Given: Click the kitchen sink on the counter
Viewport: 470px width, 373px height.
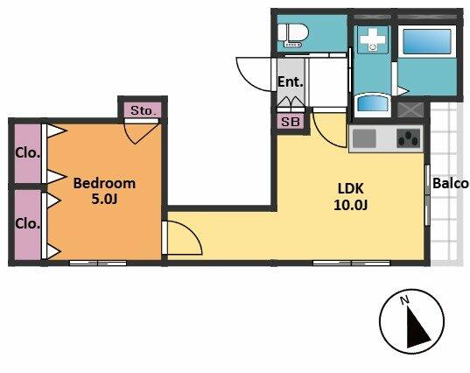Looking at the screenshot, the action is point(364,138).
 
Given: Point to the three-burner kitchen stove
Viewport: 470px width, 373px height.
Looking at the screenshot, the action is point(408,138).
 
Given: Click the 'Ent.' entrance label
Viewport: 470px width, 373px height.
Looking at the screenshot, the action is point(291,81).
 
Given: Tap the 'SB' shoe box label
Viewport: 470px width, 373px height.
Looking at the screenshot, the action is point(291,122).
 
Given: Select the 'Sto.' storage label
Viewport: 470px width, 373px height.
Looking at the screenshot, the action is point(144,111).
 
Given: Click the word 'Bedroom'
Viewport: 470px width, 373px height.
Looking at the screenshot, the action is point(104,183).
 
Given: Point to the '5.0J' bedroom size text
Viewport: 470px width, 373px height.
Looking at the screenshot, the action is point(104,199).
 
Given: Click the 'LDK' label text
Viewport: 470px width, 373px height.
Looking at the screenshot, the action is point(350,188).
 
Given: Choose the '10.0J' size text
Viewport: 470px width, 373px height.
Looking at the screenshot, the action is point(350,205).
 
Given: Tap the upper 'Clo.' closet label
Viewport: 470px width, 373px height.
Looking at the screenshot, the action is point(28,153).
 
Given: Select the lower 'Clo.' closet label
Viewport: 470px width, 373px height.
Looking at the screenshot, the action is point(28,223).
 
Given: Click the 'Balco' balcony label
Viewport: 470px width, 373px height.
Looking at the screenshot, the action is point(451,183).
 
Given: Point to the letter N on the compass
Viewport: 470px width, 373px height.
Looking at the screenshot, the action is point(405,299).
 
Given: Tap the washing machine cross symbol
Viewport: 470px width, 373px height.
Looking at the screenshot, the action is point(372,40).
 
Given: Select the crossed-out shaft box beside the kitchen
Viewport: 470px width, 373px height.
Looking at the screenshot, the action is point(410,109).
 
